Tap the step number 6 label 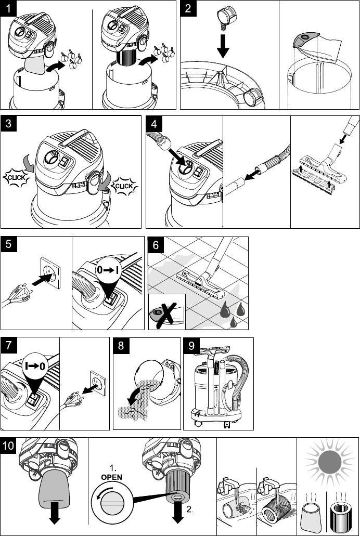coord(156,245)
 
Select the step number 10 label coord(8,446)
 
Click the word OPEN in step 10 coord(111,477)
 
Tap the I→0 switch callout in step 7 coord(35,367)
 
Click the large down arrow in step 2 coord(223,45)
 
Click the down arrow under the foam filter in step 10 coord(54,514)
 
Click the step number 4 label coord(154,123)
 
